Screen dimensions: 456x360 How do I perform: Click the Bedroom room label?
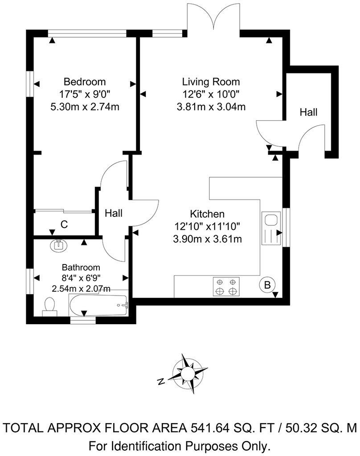pyautogui.click(x=85, y=82)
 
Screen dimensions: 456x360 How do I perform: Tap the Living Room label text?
pyautogui.click(x=211, y=82)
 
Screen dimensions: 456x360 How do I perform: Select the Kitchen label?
pyautogui.click(x=207, y=214)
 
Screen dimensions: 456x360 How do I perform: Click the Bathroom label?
pyautogui.click(x=81, y=268)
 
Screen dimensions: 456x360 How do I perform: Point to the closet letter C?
pyautogui.click(x=64, y=225)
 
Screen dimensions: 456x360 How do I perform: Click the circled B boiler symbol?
pyautogui.click(x=267, y=285)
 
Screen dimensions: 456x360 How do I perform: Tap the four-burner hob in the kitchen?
pyautogui.click(x=226, y=286)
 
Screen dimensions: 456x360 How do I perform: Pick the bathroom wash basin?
pyautogui.click(x=58, y=244)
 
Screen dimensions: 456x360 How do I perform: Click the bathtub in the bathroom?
pyautogui.click(x=98, y=305)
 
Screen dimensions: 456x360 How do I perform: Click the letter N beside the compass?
pyautogui.click(x=161, y=381)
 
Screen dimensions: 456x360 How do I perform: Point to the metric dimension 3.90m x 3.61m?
pyautogui.click(x=207, y=239)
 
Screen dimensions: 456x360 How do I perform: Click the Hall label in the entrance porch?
pyautogui.click(x=308, y=112)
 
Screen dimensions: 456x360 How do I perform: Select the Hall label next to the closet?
pyautogui.click(x=114, y=214)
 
